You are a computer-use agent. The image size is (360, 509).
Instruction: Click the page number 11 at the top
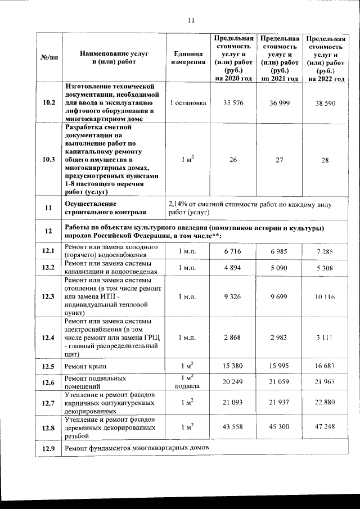(190, 21)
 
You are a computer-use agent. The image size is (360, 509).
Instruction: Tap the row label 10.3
(49, 160)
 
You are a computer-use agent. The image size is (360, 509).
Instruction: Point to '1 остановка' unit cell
(188, 103)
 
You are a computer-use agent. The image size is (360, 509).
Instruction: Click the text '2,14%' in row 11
(179, 203)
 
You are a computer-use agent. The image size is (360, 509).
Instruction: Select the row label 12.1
(49, 251)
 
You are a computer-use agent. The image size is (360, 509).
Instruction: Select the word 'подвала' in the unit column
(188, 387)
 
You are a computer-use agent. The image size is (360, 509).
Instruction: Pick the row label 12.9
(49, 448)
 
